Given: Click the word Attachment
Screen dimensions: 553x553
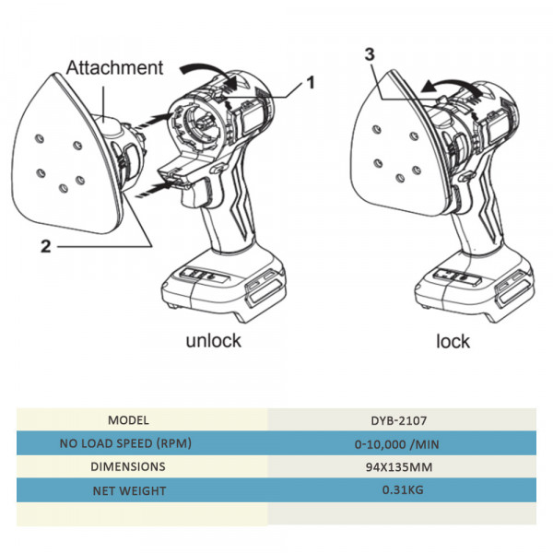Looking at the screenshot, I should point(116,67).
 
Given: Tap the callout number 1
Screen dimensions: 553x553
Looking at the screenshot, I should point(310,82).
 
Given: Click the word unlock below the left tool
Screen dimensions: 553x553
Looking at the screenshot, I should point(213,340).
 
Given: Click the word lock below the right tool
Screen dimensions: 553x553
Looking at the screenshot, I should point(453,341).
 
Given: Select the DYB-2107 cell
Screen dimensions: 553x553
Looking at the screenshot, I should point(401,419).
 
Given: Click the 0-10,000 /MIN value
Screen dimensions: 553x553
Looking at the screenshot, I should point(401,443).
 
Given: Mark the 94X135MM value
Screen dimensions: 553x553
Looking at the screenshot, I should point(401,467).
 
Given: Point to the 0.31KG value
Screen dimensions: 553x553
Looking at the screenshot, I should point(401,491).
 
